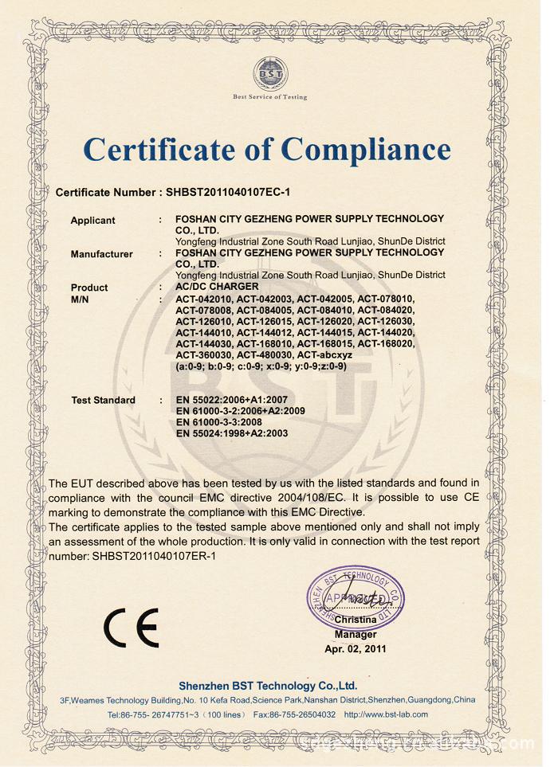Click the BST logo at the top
(x=269, y=74)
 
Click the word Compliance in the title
(x=366, y=150)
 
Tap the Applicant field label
(x=92, y=221)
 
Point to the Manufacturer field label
(x=101, y=254)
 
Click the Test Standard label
(x=103, y=400)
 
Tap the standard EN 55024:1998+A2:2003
(x=232, y=433)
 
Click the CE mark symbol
(x=131, y=628)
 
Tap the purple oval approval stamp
(x=356, y=597)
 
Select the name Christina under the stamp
(x=356, y=620)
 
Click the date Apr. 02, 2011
(x=356, y=649)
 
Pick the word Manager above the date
(x=356, y=635)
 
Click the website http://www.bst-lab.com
(x=386, y=714)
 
